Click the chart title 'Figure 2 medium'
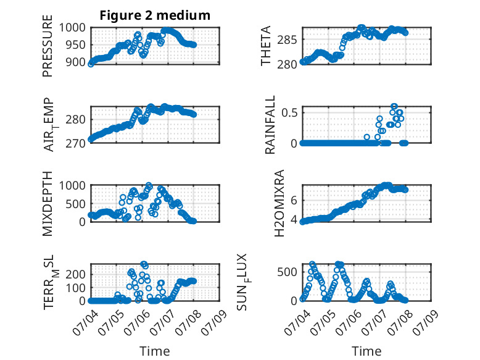tap(155, 15)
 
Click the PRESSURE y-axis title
tap(48, 46)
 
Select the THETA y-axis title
tap(266, 46)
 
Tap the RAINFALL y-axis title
tap(270, 125)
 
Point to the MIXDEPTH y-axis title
tap(48, 203)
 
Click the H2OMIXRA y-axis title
tap(279, 203)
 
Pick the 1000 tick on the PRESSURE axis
tap(72, 28)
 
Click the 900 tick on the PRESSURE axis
tap(76, 62)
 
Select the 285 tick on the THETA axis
tap(287, 40)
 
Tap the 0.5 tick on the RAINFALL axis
tap(290, 113)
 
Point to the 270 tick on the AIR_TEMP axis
tap(76, 143)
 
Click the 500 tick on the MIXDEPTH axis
tap(76, 204)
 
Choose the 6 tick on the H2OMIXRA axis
tap(294, 201)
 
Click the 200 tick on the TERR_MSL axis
tap(76, 274)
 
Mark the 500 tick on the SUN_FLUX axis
tap(287, 272)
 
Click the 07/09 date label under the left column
tap(214, 322)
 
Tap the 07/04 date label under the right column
tap(297, 322)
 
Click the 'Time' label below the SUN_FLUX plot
tap(366, 351)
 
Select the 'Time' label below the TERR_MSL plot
tap(155, 351)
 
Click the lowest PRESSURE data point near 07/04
tap(91, 64)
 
